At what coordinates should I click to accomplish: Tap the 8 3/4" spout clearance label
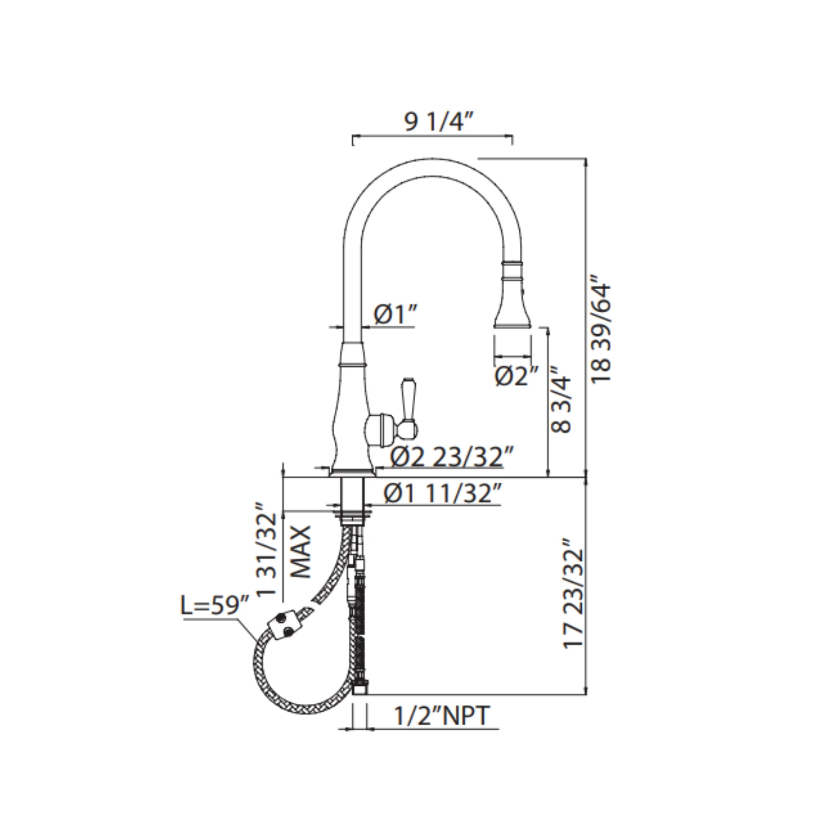point(561,400)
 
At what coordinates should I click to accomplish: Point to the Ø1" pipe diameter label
point(395,315)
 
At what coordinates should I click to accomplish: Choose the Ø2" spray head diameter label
point(517,376)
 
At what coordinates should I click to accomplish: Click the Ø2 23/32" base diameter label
point(452,457)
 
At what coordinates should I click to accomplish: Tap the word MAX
point(301,552)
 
